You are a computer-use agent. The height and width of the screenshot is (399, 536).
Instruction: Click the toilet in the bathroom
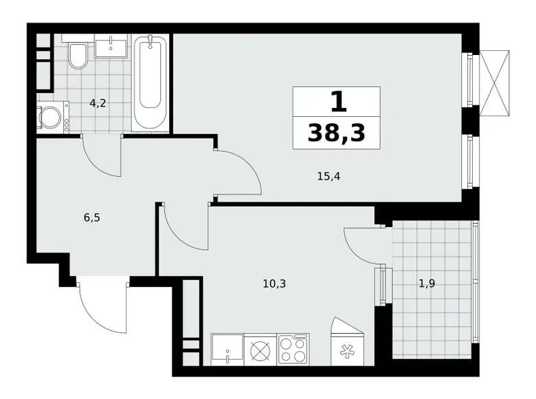[78, 56]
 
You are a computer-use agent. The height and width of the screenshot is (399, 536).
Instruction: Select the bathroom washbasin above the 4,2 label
[111, 47]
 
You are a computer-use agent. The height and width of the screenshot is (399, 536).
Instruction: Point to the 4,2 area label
[98, 104]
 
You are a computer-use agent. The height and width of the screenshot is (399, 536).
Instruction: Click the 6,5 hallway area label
[92, 217]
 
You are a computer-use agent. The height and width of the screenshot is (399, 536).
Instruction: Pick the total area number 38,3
[336, 133]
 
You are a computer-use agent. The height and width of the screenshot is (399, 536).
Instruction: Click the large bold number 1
[337, 103]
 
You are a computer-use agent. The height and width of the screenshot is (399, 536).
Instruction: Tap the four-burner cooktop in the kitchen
[293, 349]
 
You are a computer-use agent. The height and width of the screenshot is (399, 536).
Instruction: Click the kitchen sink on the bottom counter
[227, 349]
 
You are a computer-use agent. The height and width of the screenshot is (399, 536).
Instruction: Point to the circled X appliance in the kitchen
[260, 349]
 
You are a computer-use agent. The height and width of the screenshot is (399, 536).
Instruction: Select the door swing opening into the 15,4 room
[238, 173]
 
